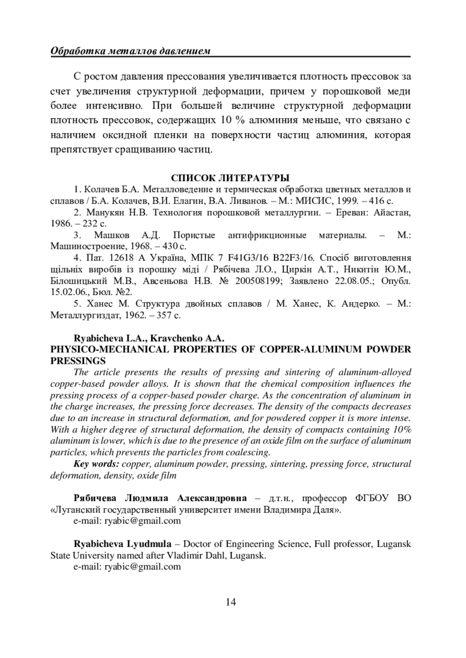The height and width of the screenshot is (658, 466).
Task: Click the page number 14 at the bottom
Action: click(231, 602)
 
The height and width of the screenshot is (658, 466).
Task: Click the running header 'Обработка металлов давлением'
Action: click(131, 51)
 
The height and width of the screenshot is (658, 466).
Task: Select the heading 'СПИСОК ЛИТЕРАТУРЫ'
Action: click(230, 178)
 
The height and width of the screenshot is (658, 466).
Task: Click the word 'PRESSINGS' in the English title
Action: click(78, 361)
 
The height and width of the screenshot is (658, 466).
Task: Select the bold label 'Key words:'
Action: click(96, 464)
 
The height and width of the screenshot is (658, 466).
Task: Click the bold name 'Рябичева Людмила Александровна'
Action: click(160, 498)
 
